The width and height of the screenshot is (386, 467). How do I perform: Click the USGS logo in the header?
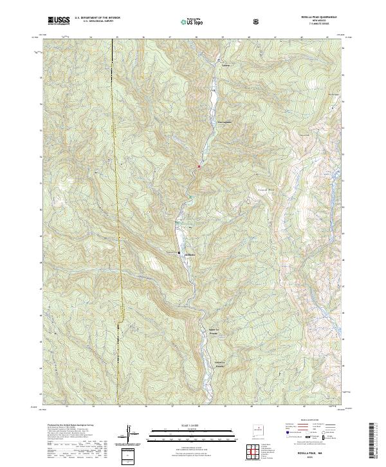[x=58, y=21]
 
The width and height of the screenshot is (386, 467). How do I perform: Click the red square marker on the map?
[x=199, y=167]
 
